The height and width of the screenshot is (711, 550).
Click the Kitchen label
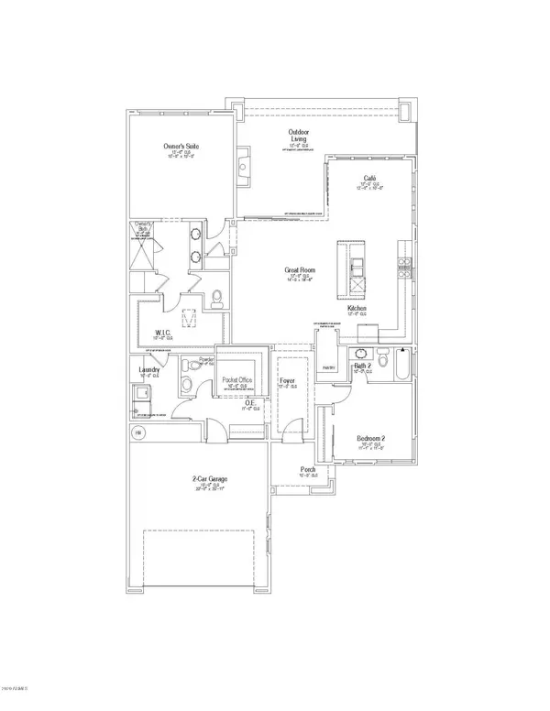pos(357,309)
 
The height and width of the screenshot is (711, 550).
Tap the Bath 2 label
pos(362,366)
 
